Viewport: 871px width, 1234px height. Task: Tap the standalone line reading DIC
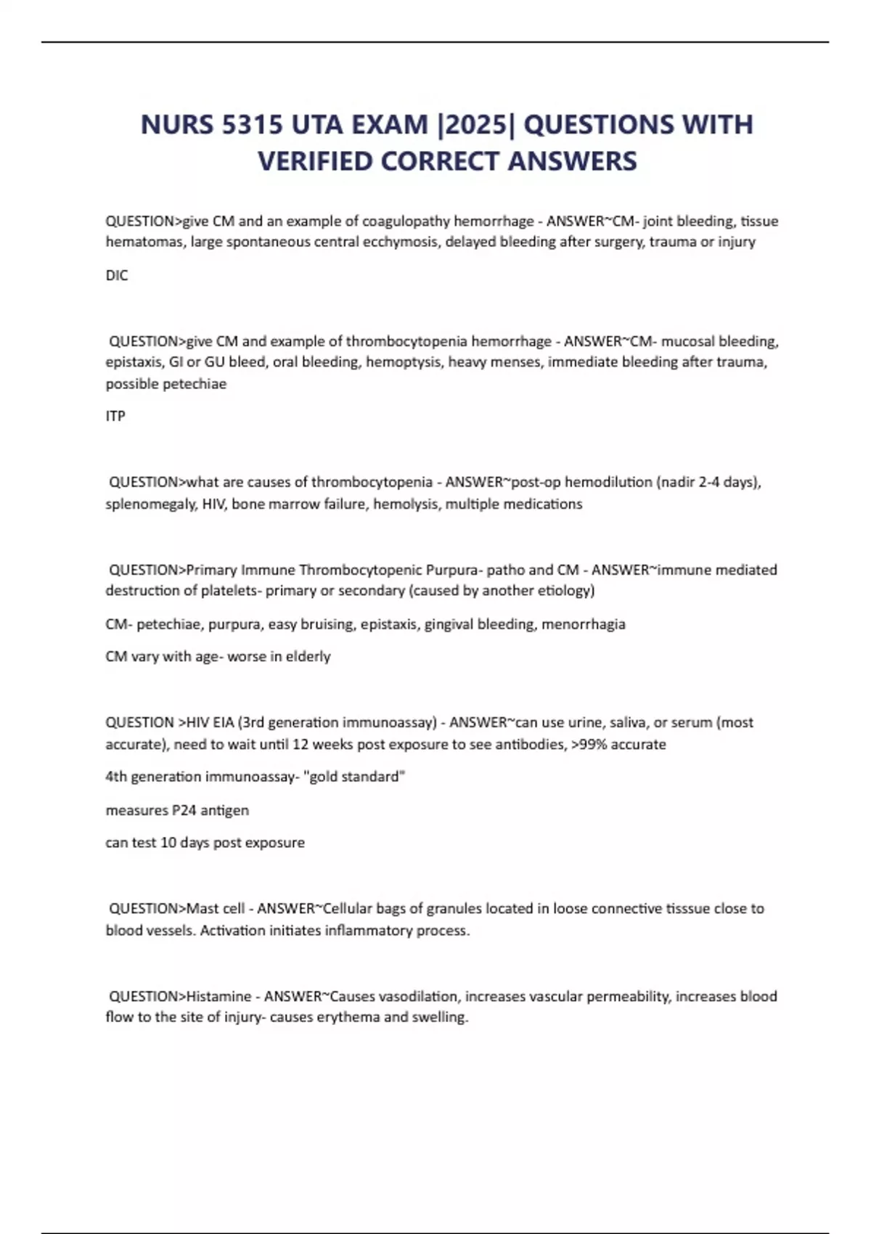click(117, 275)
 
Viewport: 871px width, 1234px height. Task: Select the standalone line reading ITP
click(115, 416)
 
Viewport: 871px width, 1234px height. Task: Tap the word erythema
click(351, 1017)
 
